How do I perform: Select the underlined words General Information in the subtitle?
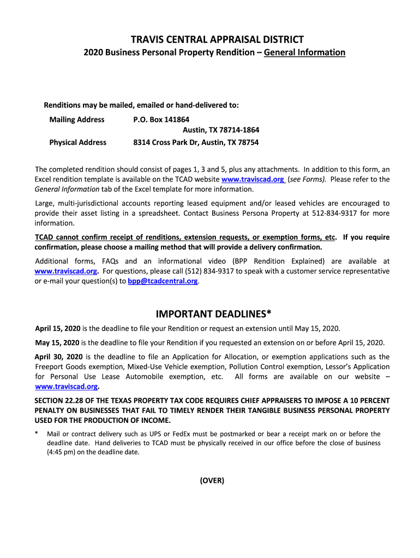click(304, 52)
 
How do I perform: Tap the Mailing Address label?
click(77, 119)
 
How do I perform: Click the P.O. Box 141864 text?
click(161, 119)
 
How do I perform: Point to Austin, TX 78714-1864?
click(220, 130)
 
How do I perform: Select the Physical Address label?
click(78, 142)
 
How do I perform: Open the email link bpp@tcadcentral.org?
click(164, 281)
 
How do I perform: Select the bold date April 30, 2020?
click(55, 356)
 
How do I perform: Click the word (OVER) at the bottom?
click(212, 481)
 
